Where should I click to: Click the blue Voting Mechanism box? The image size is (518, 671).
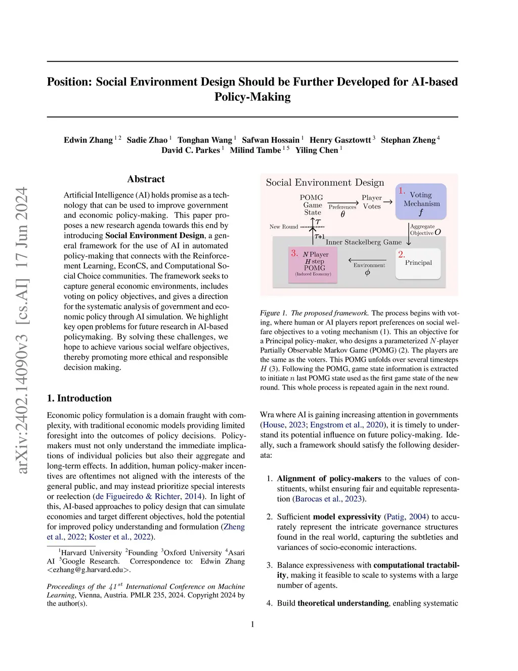point(421,202)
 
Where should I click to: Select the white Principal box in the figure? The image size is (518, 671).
point(418,263)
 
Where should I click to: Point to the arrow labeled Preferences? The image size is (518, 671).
point(343,203)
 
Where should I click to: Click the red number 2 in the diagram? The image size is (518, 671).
point(401,254)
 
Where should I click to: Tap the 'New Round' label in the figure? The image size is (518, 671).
point(284,227)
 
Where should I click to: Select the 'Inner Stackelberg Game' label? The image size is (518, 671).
point(363,242)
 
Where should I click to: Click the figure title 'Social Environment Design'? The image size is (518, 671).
point(325,182)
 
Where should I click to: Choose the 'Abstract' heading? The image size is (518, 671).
point(146,179)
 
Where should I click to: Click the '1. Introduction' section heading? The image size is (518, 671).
point(79,398)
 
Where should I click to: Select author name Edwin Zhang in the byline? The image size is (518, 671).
point(88,140)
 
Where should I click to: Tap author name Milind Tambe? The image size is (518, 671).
point(255,150)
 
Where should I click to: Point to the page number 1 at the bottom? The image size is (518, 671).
point(252,624)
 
